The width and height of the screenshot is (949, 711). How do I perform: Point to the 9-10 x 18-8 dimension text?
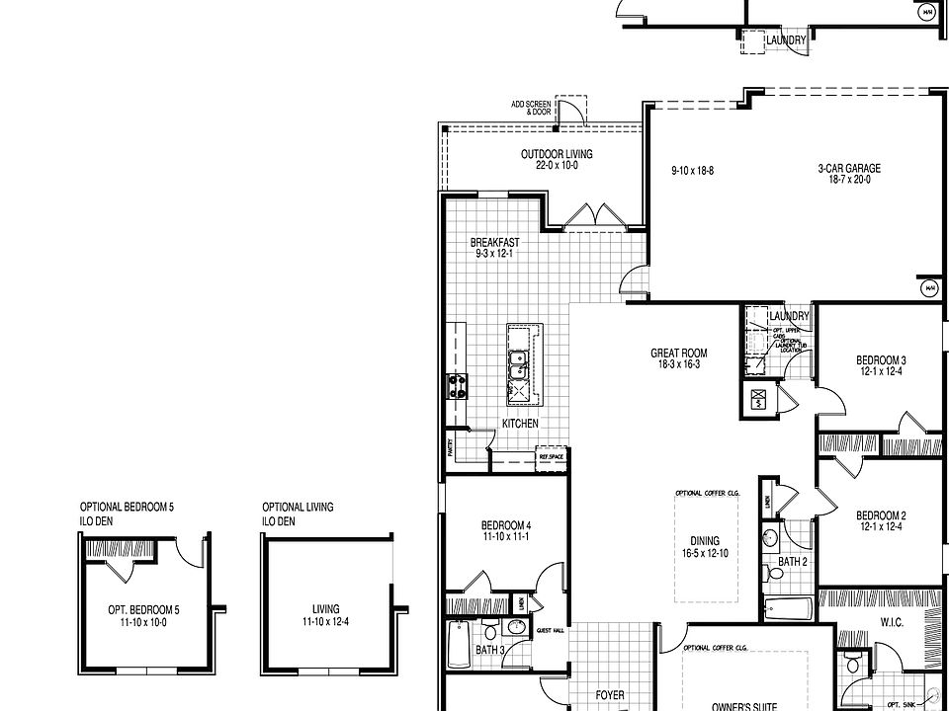click(692, 171)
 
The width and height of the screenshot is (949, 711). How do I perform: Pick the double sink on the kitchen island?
click(518, 365)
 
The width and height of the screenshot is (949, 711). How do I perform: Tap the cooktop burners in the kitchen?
click(458, 386)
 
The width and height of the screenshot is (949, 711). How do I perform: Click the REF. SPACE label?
click(550, 457)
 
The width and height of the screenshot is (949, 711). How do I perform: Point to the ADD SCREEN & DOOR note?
click(531, 108)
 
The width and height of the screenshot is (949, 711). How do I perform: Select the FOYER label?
click(610, 695)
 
